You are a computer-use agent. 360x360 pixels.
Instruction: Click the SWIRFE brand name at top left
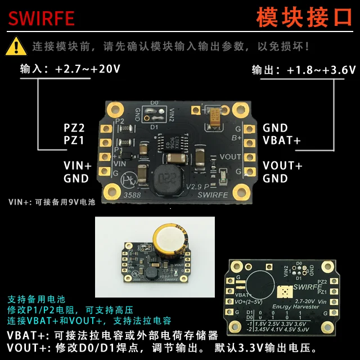(x=41, y=18)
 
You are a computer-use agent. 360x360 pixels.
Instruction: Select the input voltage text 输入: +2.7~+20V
(x=70, y=69)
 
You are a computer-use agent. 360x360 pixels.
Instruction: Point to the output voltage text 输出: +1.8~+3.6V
(x=304, y=70)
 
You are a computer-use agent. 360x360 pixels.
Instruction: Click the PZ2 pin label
(x=74, y=128)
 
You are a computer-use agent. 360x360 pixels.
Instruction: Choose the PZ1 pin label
(x=74, y=140)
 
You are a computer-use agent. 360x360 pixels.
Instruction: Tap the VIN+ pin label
(x=76, y=166)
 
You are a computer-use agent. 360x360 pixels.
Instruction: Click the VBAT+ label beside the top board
(x=281, y=140)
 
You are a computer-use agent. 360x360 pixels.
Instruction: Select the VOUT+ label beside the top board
(x=282, y=166)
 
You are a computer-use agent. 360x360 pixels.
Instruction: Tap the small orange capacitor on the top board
(x=215, y=117)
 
